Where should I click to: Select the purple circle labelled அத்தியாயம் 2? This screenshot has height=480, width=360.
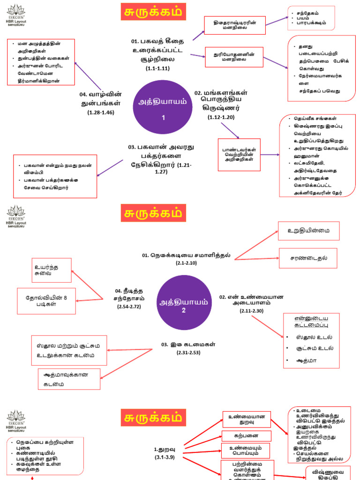pyautogui.click(x=184, y=302)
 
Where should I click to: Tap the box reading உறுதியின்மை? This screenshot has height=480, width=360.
pyautogui.click(x=307, y=231)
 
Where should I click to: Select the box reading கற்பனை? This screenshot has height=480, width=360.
pyautogui.click(x=247, y=435)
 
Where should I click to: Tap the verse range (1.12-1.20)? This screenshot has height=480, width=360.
pyautogui.click(x=221, y=117)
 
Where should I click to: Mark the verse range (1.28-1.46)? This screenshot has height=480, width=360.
pyautogui.click(x=101, y=112)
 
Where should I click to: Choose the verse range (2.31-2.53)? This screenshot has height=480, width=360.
pyautogui.click(x=189, y=352)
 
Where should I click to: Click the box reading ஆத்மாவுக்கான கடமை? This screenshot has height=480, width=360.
pyautogui.click(x=69, y=379)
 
